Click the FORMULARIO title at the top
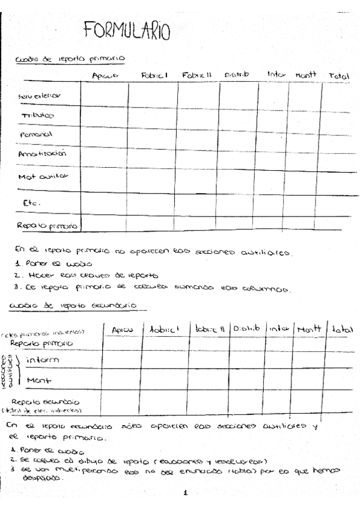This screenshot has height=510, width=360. [127, 31]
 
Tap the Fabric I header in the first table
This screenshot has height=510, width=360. [154, 76]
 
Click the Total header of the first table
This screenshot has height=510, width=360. [339, 76]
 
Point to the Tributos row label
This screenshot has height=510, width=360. [37, 115]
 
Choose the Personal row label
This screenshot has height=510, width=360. [37, 134]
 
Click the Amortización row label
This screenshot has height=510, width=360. [41, 153]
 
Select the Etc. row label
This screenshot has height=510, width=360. [31, 203]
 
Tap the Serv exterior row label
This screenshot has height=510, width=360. [40, 95]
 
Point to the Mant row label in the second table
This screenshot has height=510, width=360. [39, 380]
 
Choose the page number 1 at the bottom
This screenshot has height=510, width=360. [186, 493]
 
